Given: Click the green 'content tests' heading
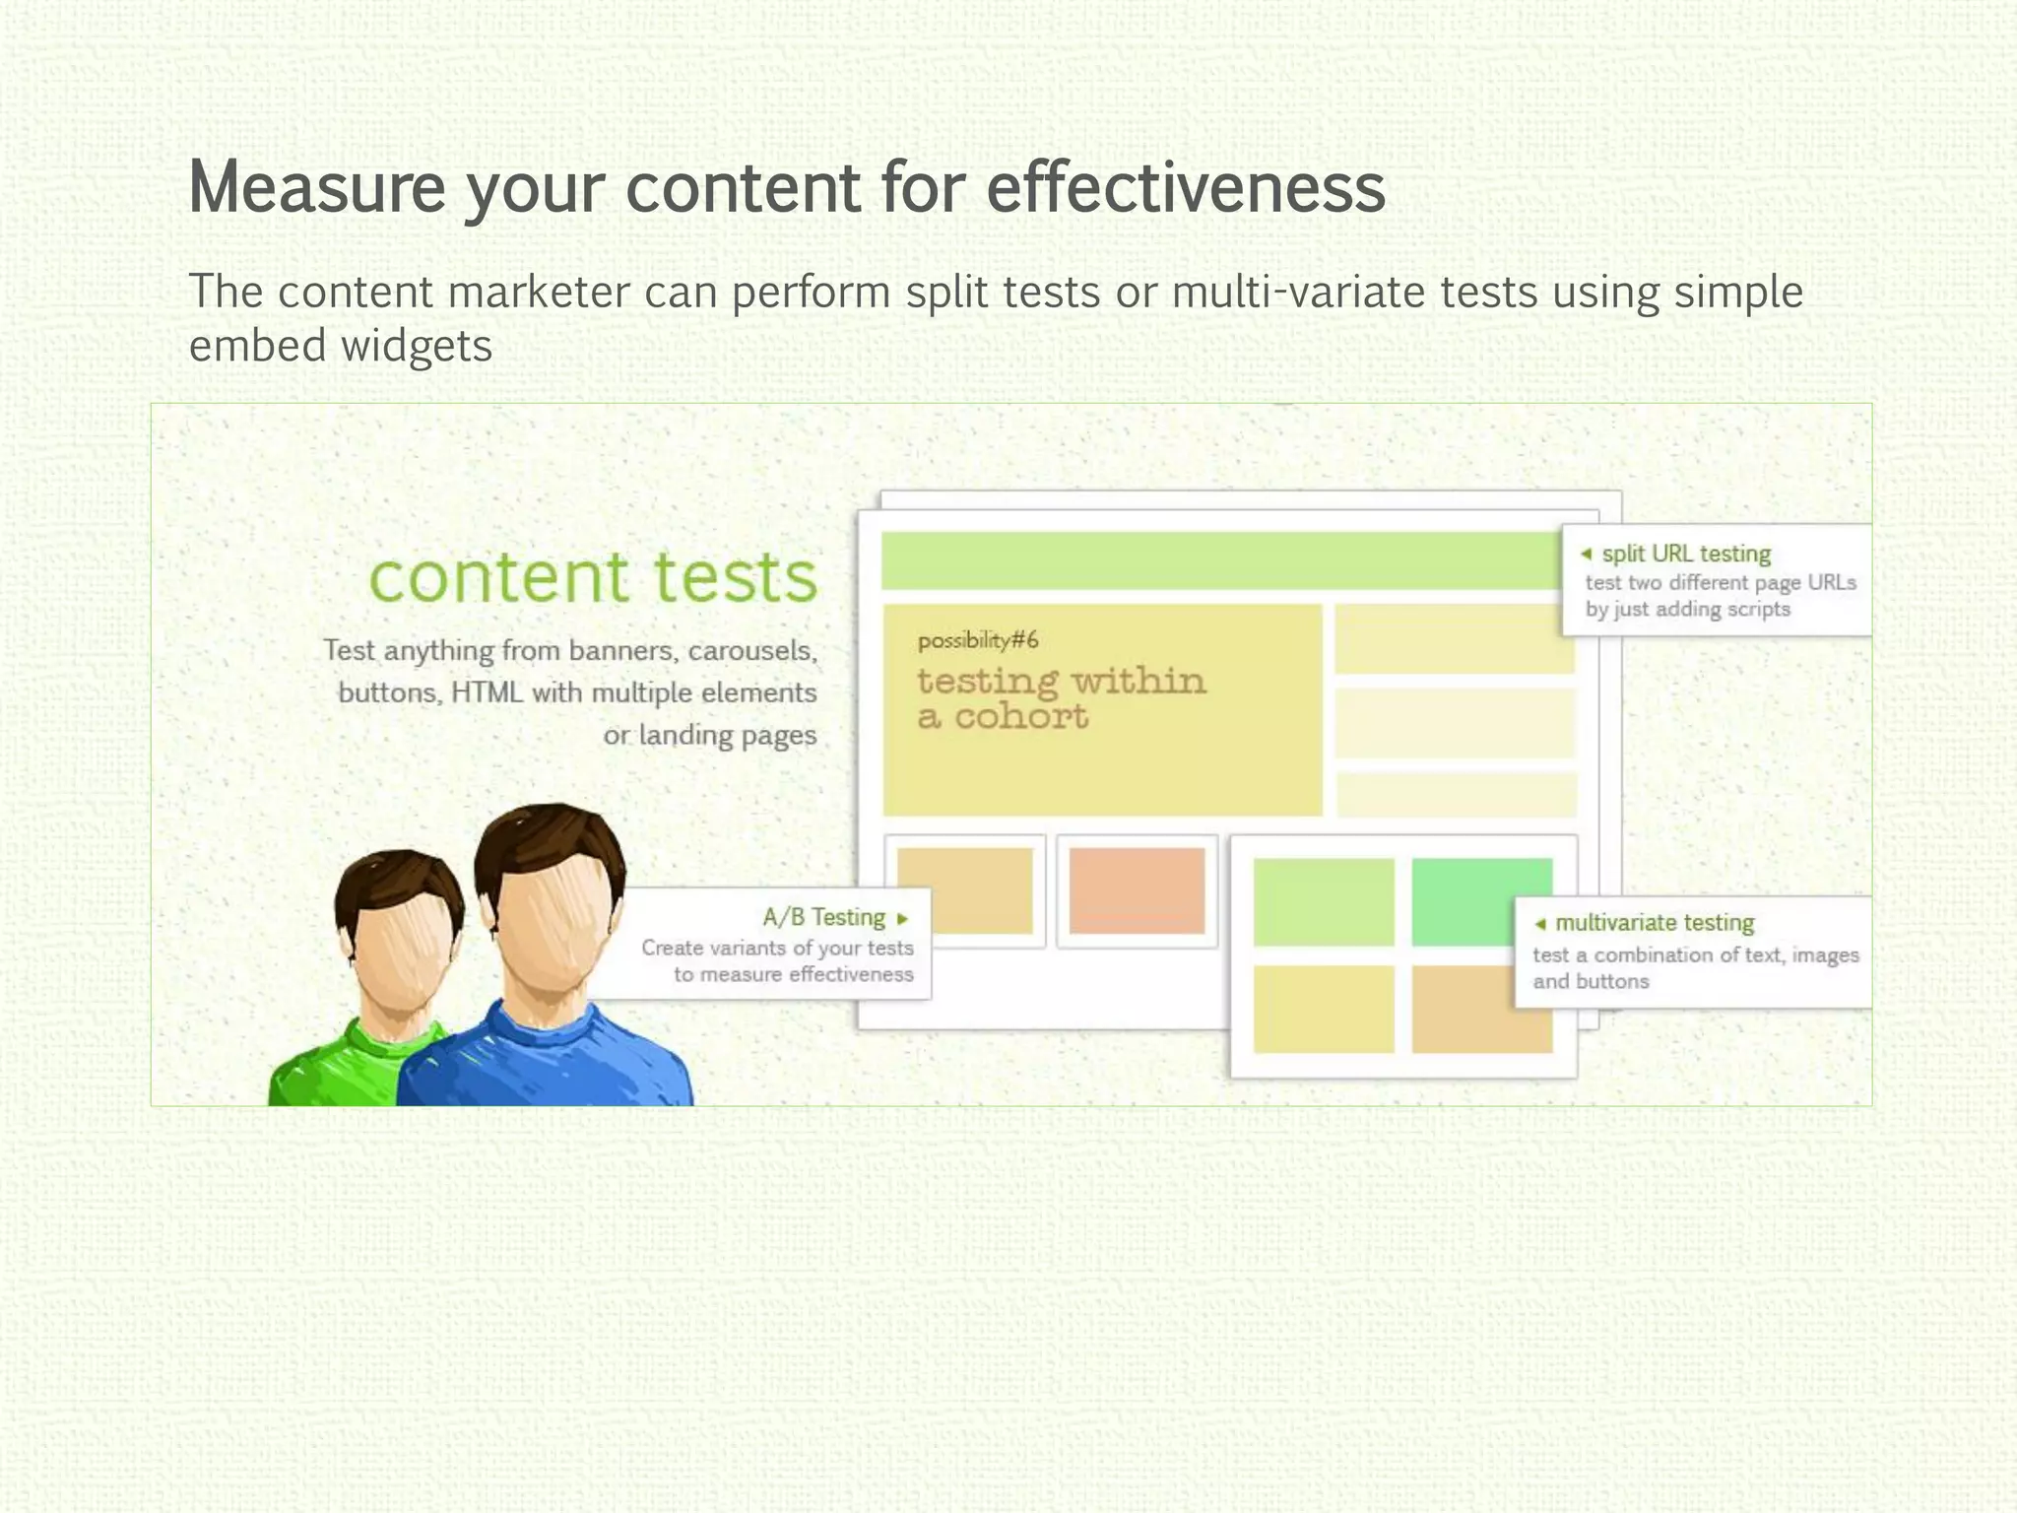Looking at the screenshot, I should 593,577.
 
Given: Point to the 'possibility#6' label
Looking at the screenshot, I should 977,641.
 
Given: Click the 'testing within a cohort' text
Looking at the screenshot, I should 1060,698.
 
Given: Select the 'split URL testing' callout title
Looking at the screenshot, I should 1685,554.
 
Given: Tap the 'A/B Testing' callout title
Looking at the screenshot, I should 823,918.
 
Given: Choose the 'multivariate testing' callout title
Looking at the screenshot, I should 1655,923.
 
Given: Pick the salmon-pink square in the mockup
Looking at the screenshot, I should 1137,890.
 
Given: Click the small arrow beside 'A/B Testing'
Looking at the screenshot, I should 902,919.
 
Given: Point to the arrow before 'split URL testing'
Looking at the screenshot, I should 1586,554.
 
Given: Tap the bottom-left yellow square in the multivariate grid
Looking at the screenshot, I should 1323,1009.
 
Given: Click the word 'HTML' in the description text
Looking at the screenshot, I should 487,693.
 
